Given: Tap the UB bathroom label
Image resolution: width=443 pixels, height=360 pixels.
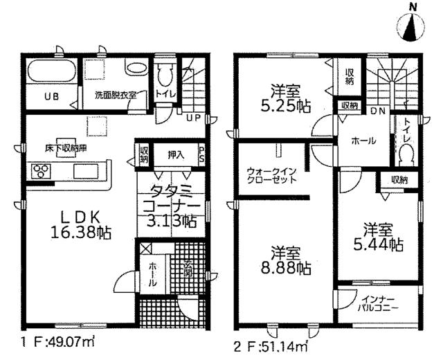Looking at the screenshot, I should pyautogui.click(x=42, y=96).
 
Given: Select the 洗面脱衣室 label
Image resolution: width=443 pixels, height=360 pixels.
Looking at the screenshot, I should pyautogui.click(x=115, y=96).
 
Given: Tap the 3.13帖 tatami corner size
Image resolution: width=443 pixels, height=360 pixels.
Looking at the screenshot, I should pyautogui.click(x=172, y=222).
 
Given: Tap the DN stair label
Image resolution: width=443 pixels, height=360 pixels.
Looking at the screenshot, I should pyautogui.click(x=378, y=111).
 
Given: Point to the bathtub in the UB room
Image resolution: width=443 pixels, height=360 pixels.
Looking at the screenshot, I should pyautogui.click(x=52, y=72).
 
